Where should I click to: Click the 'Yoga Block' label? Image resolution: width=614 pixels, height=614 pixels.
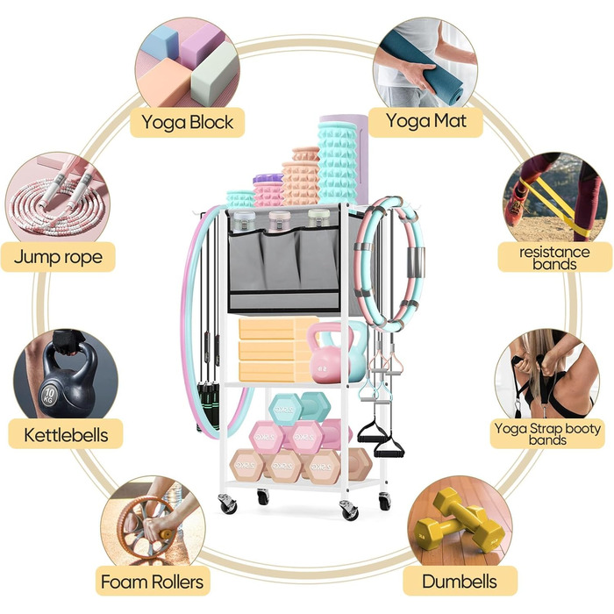point(189,122)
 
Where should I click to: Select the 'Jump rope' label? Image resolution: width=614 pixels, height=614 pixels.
point(59,257)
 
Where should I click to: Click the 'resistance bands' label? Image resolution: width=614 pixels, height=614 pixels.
point(553,258)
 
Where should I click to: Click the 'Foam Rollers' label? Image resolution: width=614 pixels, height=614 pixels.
point(153,581)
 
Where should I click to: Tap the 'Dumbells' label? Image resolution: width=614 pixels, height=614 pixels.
point(460,581)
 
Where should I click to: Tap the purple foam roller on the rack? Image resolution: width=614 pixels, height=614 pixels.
point(268,189)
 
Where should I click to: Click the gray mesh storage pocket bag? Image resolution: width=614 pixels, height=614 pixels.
point(283,259)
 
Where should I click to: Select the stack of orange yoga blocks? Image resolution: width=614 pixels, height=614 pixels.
point(271,349)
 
